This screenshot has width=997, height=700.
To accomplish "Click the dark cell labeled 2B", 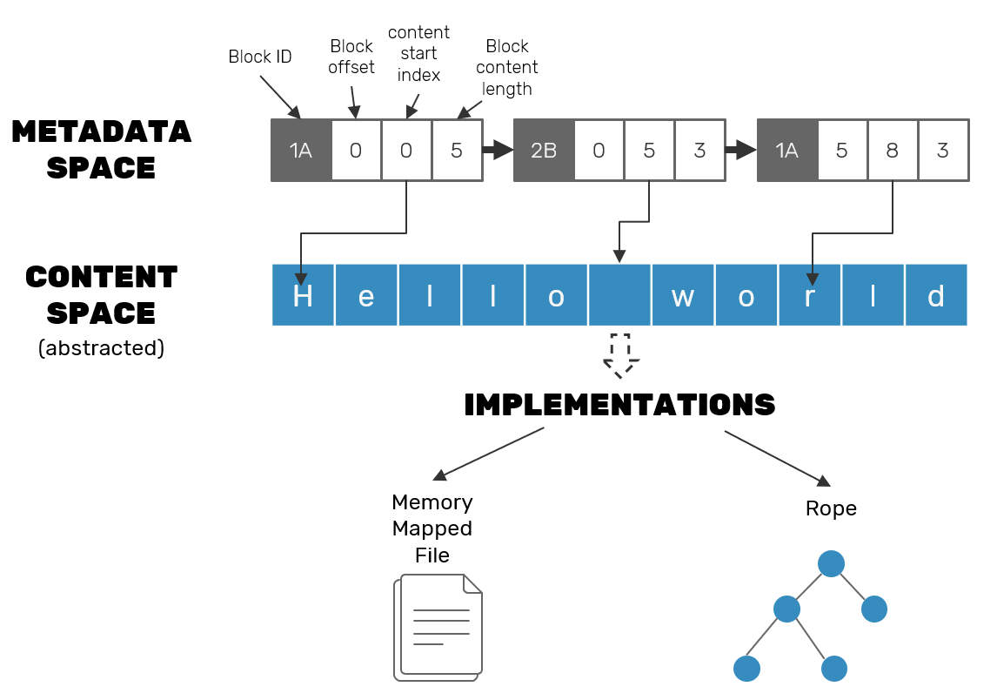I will [544, 151].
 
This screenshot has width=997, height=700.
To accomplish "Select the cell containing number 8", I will [893, 151].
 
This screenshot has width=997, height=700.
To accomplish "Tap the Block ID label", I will [259, 57].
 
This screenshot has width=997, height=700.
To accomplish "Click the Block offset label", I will [351, 57].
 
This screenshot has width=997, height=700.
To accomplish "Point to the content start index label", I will [418, 54].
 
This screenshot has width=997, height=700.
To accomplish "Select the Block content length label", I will [512, 68].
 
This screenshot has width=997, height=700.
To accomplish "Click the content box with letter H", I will [303, 296].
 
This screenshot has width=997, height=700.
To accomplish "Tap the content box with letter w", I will [683, 296].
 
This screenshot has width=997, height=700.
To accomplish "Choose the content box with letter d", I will [936, 296].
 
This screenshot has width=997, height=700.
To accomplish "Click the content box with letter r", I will [810, 296].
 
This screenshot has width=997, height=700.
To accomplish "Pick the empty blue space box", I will [619, 296].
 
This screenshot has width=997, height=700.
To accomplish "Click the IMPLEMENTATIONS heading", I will [619, 405].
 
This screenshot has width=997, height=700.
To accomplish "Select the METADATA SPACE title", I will [101, 149].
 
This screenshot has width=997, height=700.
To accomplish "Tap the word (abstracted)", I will [101, 348].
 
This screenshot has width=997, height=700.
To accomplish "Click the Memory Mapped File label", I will [432, 528].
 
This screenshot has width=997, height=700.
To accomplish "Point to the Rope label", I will [831, 508].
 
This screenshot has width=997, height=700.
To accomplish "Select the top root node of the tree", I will [831, 563].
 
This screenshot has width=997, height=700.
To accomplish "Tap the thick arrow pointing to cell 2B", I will [498, 151].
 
